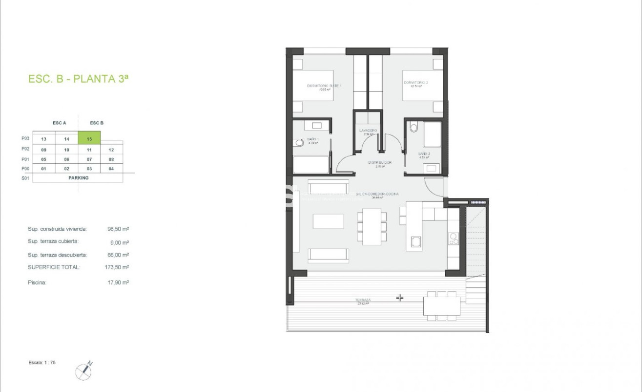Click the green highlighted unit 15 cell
pyautogui.click(x=89, y=139)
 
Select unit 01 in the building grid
pyautogui.click(x=43, y=169)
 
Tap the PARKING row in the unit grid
pyautogui.click(x=78, y=178)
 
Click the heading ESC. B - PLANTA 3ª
pyautogui.click(x=78, y=79)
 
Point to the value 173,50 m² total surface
pyautogui.click(x=118, y=267)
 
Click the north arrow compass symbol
pyautogui.click(x=83, y=371)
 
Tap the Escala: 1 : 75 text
pyautogui.click(x=42, y=363)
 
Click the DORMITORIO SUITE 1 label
pyautogui.click(x=324, y=86)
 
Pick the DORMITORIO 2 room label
pyautogui.click(x=415, y=83)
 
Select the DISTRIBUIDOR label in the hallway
pyautogui.click(x=380, y=163)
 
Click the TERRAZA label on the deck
pyautogui.click(x=363, y=300)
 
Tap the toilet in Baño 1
pyautogui.click(x=299, y=143)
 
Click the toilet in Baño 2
pyautogui.click(x=414, y=128)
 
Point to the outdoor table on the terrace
pyautogui.click(x=441, y=306)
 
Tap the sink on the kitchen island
pyautogui.click(x=416, y=241)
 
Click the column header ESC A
pyautogui.click(x=60, y=123)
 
